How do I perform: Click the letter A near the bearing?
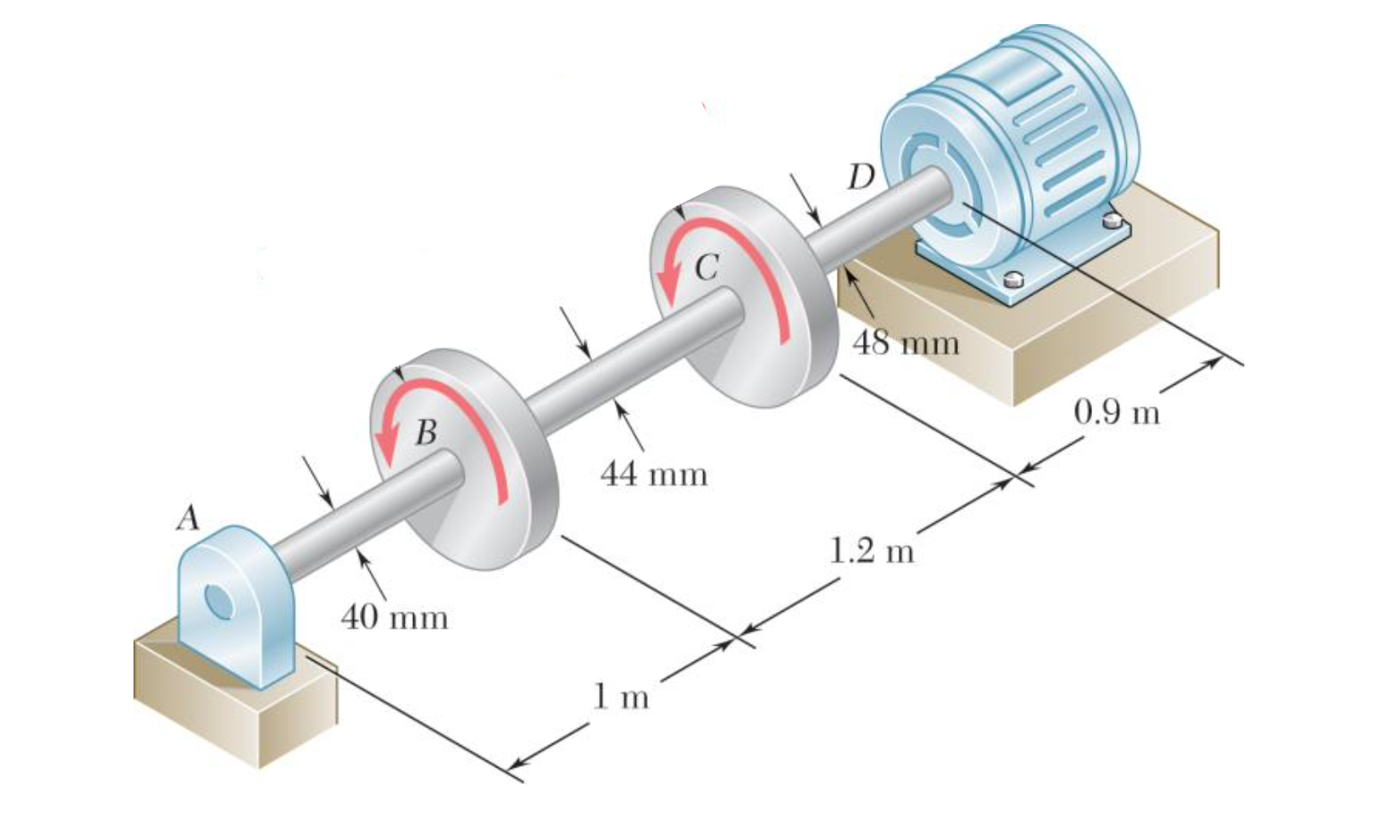point(188,518)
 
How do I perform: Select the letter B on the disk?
point(426,433)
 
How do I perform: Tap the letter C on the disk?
point(707,266)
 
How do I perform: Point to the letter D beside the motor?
point(860,178)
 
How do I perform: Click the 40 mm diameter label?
point(394,617)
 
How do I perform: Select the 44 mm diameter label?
point(653,474)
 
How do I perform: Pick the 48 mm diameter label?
point(906,342)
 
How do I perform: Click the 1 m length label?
point(621,696)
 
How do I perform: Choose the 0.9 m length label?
point(1116,412)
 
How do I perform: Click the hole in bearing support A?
point(218,601)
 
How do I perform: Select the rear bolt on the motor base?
point(1113,219)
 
